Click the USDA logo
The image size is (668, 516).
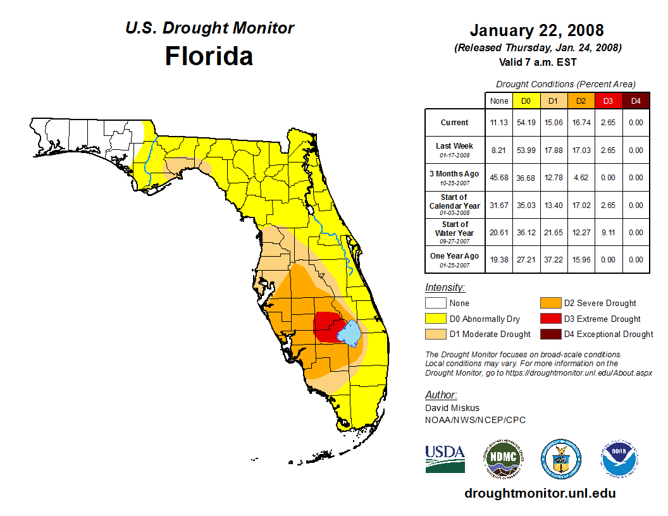coord(445,458)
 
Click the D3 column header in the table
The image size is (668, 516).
coord(608,101)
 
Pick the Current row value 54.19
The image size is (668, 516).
coord(526,123)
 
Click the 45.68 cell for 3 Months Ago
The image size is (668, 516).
coord(499,178)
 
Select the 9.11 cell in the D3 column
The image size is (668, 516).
coord(608,233)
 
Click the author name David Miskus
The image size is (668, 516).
coord(452,408)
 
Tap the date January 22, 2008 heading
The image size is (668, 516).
coord(537,30)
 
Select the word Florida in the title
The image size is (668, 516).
coord(209,56)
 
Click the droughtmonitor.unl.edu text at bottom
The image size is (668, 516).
coord(540,493)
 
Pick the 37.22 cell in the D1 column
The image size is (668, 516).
coord(554,260)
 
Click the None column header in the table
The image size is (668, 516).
coord(499,101)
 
